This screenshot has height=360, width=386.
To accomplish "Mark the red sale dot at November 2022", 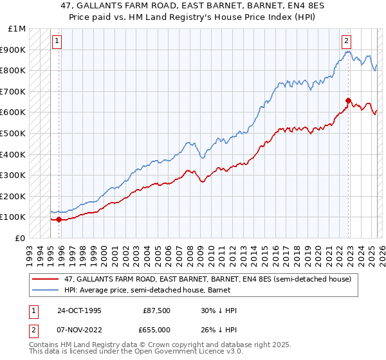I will tap(348, 100).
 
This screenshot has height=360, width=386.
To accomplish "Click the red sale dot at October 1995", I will tap(59, 219).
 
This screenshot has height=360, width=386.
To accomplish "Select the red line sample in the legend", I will tap(46, 279).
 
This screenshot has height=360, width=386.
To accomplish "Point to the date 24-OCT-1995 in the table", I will tap(79, 310).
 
